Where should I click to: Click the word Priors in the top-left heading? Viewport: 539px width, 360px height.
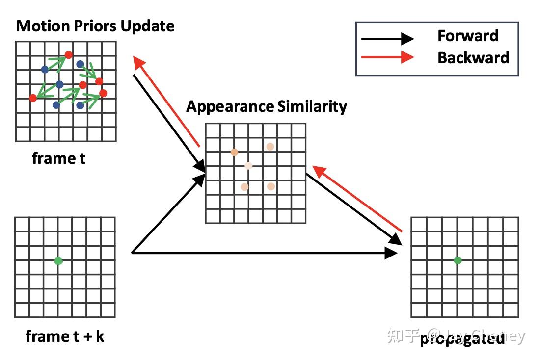(x=91, y=26)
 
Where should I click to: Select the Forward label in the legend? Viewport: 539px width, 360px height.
(x=467, y=36)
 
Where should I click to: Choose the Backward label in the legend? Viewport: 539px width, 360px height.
(x=473, y=57)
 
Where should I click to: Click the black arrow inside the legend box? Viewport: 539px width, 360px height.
(x=387, y=38)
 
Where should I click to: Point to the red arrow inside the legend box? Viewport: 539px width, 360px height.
(x=387, y=57)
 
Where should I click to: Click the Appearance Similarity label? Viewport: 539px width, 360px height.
(x=266, y=106)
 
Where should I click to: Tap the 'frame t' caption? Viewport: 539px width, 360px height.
(x=58, y=158)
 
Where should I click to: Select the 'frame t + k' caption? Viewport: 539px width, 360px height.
(x=64, y=336)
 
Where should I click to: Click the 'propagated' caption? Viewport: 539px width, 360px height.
(x=462, y=338)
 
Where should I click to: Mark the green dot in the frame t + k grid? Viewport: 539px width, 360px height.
(x=58, y=261)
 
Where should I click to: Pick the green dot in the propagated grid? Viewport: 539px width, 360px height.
(x=458, y=260)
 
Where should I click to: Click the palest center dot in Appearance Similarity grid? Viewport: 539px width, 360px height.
(x=248, y=166)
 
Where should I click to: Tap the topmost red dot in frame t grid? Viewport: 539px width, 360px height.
(x=69, y=55)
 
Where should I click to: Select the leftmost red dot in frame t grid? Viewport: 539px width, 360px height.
(x=33, y=98)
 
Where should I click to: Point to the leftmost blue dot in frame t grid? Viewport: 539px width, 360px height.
(x=45, y=69)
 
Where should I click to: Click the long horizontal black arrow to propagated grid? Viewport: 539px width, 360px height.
(x=265, y=253)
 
